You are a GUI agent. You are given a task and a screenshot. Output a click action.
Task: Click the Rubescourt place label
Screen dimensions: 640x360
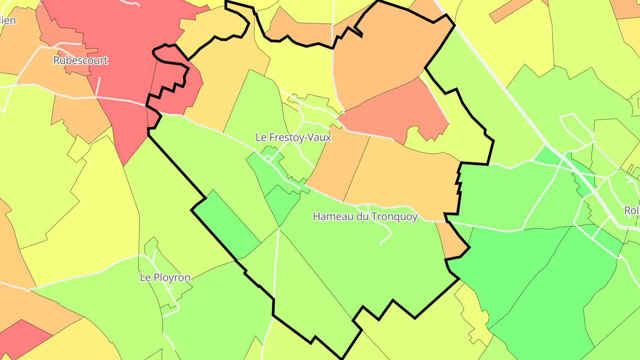pos(80,60)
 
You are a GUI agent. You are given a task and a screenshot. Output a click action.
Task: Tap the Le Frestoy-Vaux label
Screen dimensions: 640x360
pos(293,137)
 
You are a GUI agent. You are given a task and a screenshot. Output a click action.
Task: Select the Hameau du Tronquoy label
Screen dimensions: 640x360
pos(365,216)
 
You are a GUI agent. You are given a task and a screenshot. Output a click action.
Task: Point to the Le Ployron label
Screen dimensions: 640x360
pos(165,277)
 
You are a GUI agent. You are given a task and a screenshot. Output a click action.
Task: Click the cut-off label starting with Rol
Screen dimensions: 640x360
pos(632,210)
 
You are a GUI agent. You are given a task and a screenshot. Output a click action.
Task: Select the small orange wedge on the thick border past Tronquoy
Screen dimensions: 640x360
pos(453,242)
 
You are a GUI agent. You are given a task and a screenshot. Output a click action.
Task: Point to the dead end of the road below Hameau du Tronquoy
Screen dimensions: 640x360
pos(381,244)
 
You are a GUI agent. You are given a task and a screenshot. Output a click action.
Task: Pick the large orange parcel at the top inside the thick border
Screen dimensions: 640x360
pos(382,53)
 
